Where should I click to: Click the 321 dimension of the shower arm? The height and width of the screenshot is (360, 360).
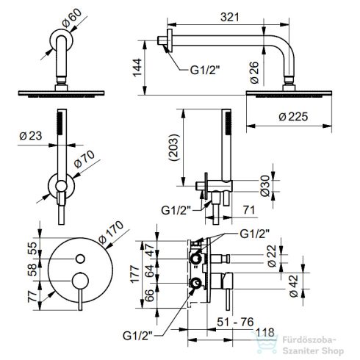pos(229,17)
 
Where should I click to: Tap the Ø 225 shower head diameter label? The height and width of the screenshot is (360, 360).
pos(293,117)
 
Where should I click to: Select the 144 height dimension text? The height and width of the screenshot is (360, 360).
pos(137,68)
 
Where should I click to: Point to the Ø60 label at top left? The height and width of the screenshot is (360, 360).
pos(72,18)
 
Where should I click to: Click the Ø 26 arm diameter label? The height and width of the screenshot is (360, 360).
pos(255,73)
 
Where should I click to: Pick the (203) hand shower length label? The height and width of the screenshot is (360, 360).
pos(174,147)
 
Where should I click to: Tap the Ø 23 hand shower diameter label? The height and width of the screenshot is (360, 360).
pos(31,136)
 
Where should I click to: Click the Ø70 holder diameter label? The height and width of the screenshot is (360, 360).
pos(84,159)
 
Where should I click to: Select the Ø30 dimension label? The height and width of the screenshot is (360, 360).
pos(265,186)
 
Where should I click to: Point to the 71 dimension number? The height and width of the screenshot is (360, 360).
pos(249,210)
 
